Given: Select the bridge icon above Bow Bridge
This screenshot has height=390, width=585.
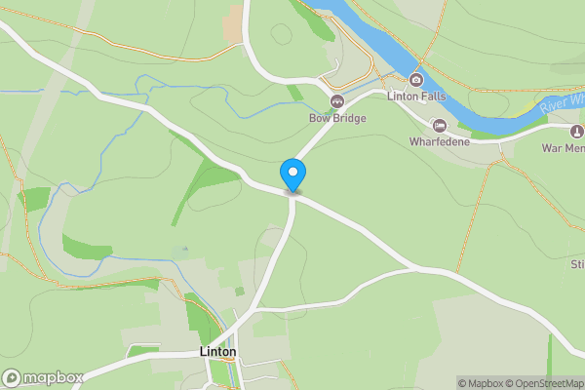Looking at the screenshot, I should (x=336, y=101).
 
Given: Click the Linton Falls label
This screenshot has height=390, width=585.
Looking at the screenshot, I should (x=416, y=97).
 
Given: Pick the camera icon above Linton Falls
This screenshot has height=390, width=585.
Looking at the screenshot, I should (x=416, y=80).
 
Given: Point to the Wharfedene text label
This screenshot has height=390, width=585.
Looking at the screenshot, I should (x=440, y=142).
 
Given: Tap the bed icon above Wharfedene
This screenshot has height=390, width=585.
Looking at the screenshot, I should (x=440, y=126).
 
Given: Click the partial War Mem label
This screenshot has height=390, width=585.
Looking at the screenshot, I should (x=564, y=148).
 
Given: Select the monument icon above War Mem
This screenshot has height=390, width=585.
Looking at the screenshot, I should (x=577, y=130).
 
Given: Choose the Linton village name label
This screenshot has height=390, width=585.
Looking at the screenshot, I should (x=217, y=351).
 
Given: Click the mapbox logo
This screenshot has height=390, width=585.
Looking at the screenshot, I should (x=44, y=377).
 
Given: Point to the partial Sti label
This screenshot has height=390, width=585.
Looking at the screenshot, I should (x=576, y=264).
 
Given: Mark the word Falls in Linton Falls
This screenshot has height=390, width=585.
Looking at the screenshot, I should (x=431, y=97).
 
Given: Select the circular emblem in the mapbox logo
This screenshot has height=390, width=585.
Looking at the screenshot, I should (x=13, y=377).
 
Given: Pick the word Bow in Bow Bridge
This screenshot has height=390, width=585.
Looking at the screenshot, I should (x=318, y=118).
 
